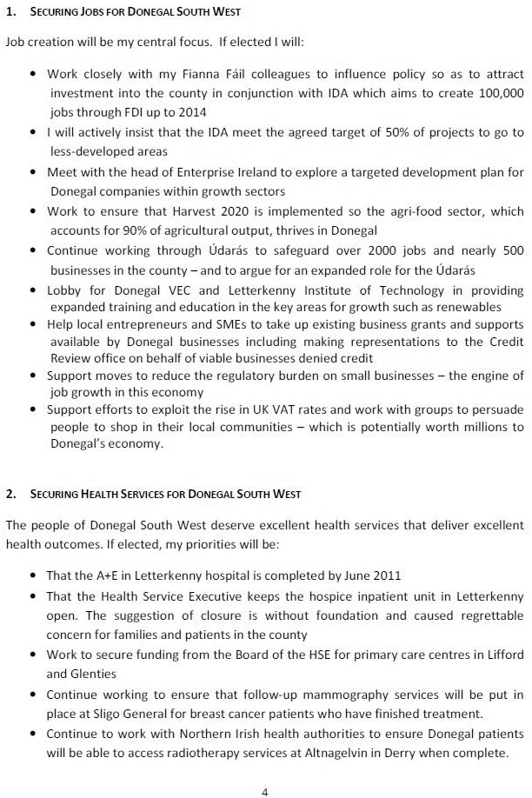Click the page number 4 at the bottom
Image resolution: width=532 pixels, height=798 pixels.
[265, 768]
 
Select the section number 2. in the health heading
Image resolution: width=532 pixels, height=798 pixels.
[11, 494]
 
